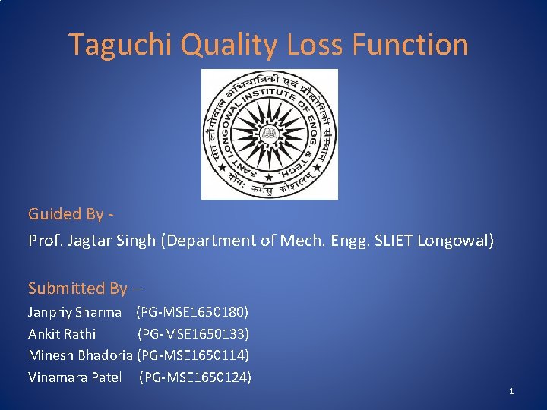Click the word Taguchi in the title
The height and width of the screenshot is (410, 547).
(121, 45)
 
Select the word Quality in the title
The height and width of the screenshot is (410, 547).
(229, 45)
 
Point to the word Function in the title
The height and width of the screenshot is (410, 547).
(410, 45)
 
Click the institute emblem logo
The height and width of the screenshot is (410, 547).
(269, 134)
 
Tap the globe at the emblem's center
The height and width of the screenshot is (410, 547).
(269, 134)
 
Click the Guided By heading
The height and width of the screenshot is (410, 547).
(71, 214)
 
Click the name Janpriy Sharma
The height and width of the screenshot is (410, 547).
(74, 312)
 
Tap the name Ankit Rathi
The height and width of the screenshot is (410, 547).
(62, 333)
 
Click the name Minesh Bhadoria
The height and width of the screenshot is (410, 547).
(81, 355)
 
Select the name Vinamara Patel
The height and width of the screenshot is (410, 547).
(74, 377)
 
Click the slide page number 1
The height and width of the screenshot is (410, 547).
(511, 391)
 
